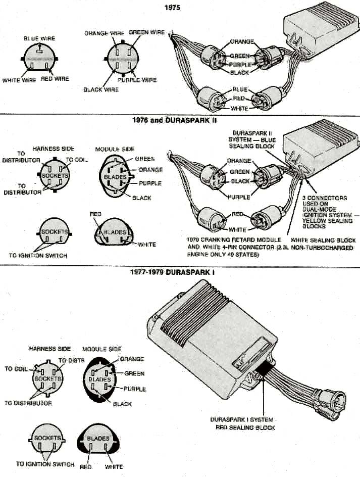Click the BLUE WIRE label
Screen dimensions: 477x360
tap(39, 38)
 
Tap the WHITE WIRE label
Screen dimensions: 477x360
tap(19, 80)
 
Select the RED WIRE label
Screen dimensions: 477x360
tap(55, 79)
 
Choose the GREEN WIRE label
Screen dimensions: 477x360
tap(146, 32)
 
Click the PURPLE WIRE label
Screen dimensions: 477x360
tap(137, 80)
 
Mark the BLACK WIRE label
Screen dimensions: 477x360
tap(101, 89)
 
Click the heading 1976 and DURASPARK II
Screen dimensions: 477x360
tap(166, 121)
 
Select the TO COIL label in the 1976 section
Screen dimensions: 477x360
tap(77, 159)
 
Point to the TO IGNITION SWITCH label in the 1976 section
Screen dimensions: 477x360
tap(38, 256)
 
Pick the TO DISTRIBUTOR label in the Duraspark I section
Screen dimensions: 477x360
tap(28, 403)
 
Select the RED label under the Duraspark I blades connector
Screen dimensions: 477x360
tap(85, 467)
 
